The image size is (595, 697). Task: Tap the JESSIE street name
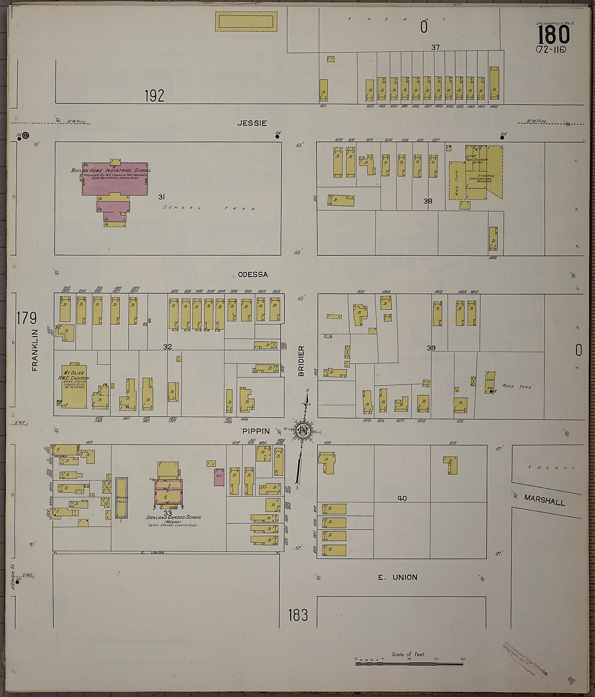[252, 123]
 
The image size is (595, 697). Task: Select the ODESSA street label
[253, 274]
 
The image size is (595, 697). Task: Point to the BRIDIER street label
[301, 361]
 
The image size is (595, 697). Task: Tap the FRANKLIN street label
[35, 350]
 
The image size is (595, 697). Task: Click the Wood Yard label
[517, 386]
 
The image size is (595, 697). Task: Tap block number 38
[428, 201]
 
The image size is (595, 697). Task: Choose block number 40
[402, 498]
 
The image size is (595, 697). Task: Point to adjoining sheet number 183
[298, 615]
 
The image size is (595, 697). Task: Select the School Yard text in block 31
[208, 208]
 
